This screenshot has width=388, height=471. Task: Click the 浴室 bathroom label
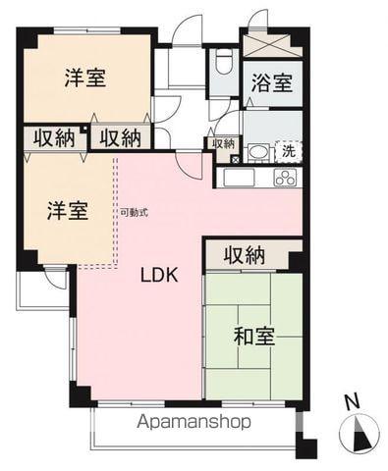[270, 84]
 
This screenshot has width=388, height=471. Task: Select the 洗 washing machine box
[288, 152]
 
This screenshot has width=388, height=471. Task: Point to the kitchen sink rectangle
[239, 179]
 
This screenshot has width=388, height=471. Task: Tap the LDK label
[157, 275]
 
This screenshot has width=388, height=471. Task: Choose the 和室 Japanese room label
[253, 337]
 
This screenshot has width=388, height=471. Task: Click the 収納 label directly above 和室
[244, 254]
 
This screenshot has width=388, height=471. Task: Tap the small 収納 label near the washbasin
[224, 143]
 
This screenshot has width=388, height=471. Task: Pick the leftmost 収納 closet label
[52, 137]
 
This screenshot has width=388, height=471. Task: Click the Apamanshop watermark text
[194, 422]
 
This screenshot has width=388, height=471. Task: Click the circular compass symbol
[359, 432]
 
